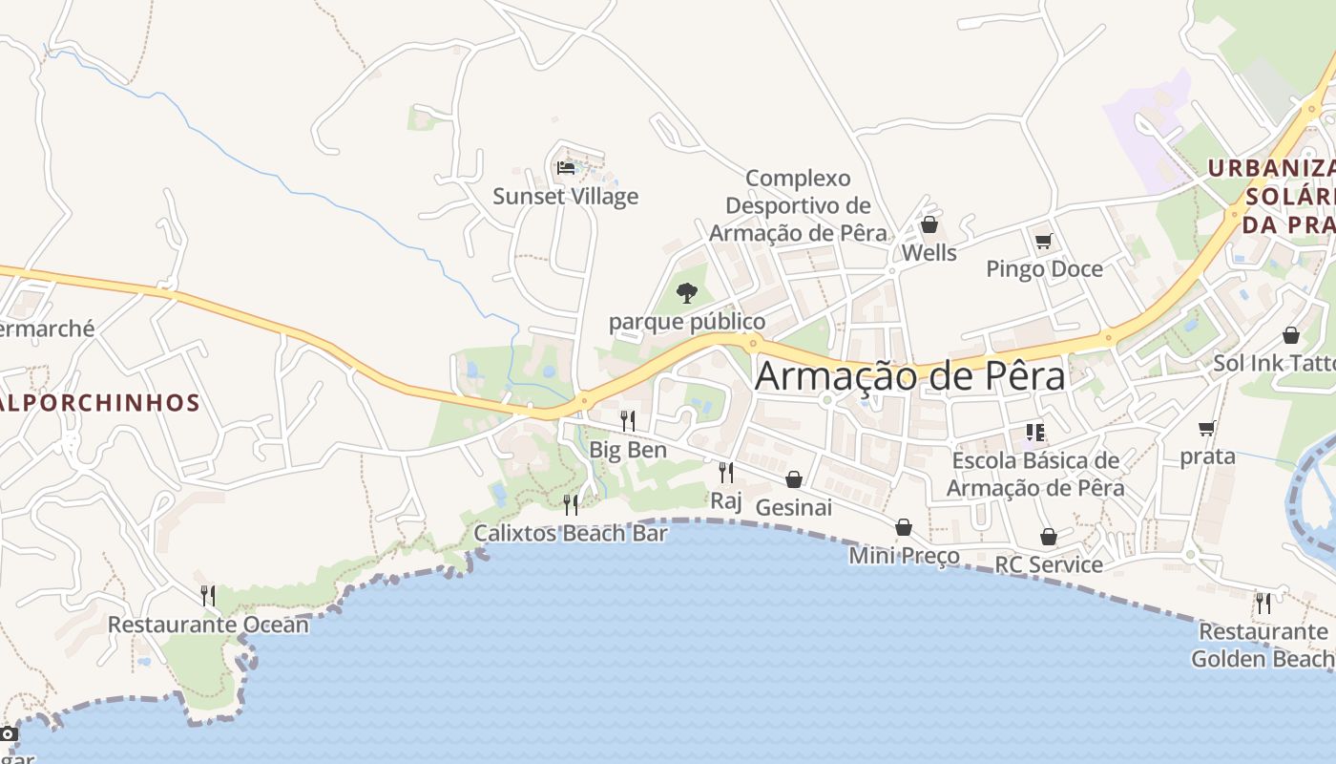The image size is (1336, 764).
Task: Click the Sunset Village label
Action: pyautogui.click(x=565, y=197)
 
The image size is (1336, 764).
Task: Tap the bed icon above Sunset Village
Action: pyautogui.click(x=566, y=168)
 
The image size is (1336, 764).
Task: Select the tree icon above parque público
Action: pyautogui.click(x=686, y=292)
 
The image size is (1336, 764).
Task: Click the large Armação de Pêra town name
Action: pyautogui.click(x=909, y=376)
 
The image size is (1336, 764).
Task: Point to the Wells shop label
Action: pyautogui.click(x=929, y=253)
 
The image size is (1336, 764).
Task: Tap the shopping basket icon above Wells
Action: pyautogui.click(x=929, y=225)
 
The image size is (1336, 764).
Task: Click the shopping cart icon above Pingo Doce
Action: pyautogui.click(x=1043, y=240)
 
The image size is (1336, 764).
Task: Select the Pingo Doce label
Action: pyautogui.click(x=1044, y=269)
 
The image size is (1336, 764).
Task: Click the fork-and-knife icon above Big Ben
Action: pyautogui.click(x=628, y=420)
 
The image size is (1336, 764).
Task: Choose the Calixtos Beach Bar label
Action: pyautogui.click(x=571, y=534)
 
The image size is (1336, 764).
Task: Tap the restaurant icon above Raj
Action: pyautogui.click(x=726, y=472)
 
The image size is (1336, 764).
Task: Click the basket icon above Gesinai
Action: pyautogui.click(x=794, y=479)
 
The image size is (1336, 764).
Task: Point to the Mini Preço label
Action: pyautogui.click(x=904, y=556)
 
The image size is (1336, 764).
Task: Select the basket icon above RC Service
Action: pyautogui.click(x=1049, y=537)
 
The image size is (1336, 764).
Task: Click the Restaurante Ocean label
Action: pyautogui.click(x=208, y=625)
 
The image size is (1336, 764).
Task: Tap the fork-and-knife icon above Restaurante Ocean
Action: pyautogui.click(x=207, y=596)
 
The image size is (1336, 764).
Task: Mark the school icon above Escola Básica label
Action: pyautogui.click(x=1035, y=433)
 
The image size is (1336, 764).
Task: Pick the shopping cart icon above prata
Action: pyautogui.click(x=1207, y=429)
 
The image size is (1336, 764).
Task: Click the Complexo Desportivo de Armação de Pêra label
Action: pyautogui.click(x=798, y=205)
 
